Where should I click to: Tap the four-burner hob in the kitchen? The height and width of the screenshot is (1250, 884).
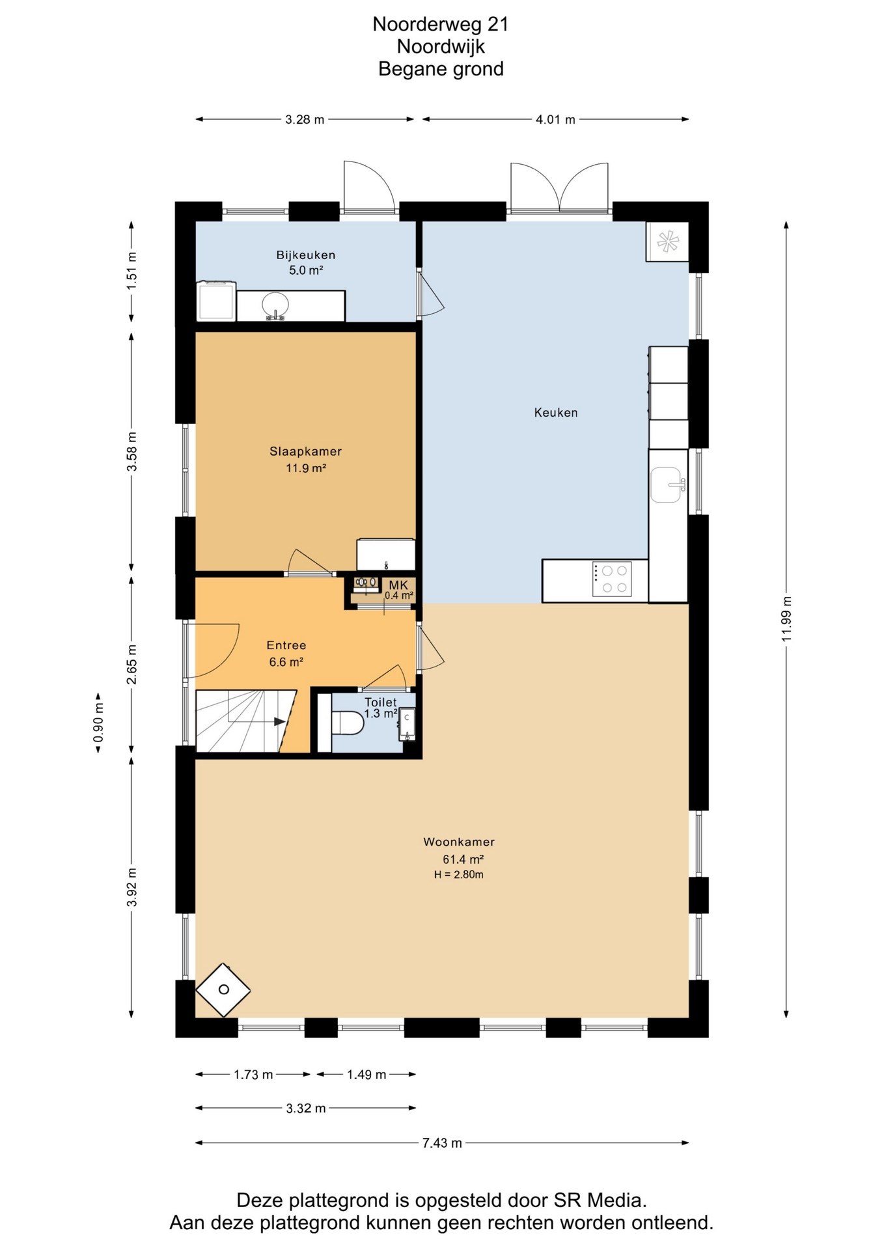(611, 579)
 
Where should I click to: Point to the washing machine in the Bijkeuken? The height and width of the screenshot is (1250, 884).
(216, 301)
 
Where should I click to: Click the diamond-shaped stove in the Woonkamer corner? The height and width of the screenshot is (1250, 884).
(223, 990)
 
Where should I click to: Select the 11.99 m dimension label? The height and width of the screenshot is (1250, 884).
(786, 618)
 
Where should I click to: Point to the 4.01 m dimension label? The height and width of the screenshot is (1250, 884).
(555, 119)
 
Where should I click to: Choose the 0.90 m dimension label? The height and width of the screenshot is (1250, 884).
(98, 722)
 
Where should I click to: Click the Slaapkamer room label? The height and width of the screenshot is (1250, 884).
(305, 451)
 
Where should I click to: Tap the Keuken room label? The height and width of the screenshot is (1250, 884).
(556, 412)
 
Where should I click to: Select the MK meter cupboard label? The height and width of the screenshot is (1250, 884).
(398, 585)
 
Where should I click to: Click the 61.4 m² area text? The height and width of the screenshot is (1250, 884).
(463, 859)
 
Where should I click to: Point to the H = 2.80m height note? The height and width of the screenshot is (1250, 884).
(459, 874)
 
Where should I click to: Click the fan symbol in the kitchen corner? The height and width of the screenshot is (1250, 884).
(667, 242)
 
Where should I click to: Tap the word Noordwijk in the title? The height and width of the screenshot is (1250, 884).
(441, 47)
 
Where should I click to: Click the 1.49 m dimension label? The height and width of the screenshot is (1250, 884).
(366, 1074)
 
